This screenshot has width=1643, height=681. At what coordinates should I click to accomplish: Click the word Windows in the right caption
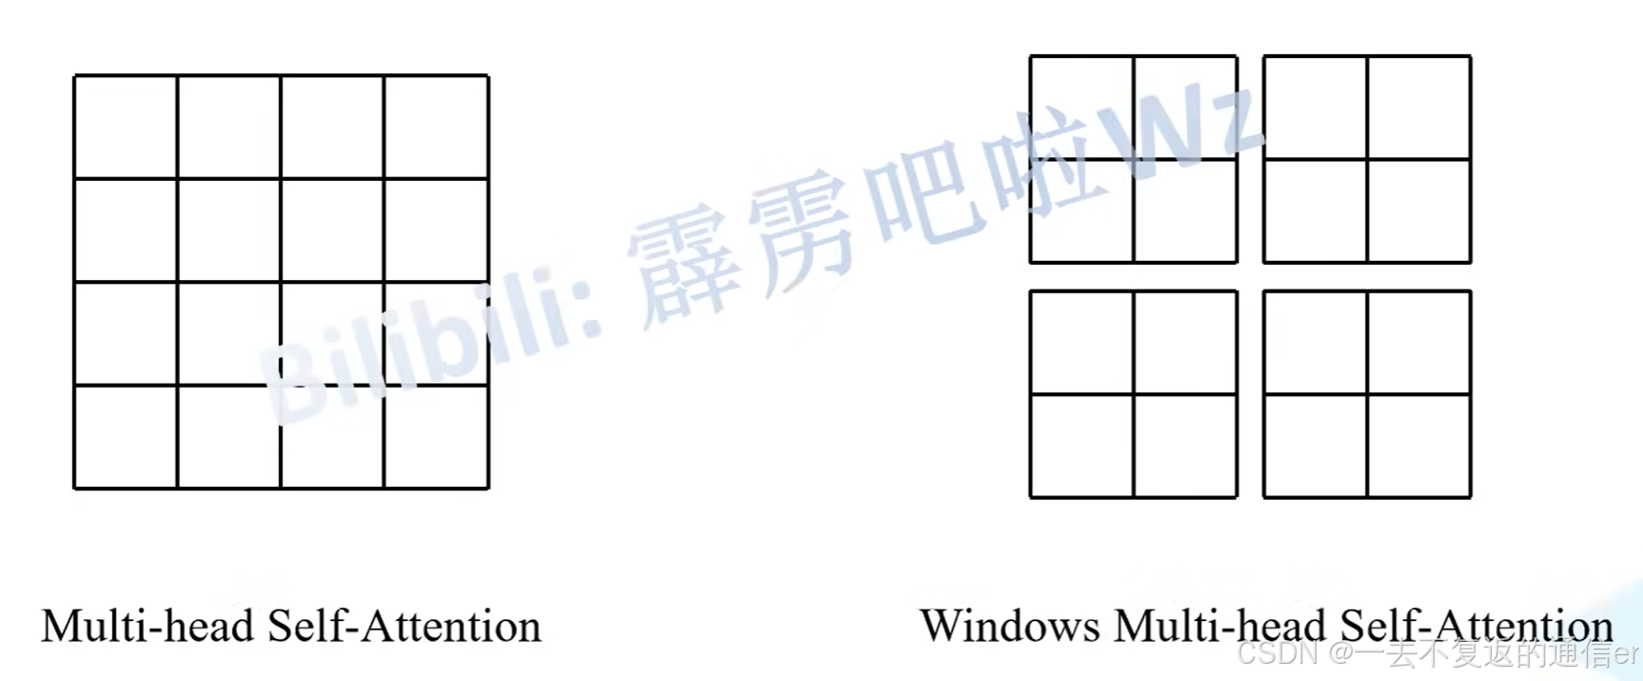point(1009,627)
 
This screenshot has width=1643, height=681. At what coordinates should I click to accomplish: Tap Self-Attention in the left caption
point(404,627)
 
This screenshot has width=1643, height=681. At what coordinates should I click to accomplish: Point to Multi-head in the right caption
point(1219,627)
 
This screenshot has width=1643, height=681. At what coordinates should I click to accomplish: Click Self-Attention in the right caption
point(1475,627)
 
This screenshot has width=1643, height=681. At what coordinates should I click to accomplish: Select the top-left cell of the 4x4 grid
point(126,127)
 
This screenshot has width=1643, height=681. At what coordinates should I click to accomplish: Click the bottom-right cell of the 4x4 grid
point(437,437)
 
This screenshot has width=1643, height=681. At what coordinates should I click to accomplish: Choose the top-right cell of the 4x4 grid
point(437,127)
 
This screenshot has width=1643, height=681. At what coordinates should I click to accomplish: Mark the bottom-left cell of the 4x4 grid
point(126,437)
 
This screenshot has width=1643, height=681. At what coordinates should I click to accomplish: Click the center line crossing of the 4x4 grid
point(281,282)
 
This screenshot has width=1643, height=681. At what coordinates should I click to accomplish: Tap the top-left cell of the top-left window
point(1081,108)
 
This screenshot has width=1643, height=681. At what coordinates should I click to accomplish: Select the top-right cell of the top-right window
point(1419,108)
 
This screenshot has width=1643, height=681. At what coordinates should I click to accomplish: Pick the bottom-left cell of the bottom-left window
point(1081,446)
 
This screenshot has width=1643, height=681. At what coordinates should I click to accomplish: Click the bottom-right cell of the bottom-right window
point(1419,446)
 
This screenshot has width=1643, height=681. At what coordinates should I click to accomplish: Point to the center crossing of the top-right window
point(1367,159)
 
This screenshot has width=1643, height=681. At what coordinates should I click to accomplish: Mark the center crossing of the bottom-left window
point(1134,394)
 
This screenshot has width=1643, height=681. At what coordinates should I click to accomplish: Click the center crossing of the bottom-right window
point(1367,394)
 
